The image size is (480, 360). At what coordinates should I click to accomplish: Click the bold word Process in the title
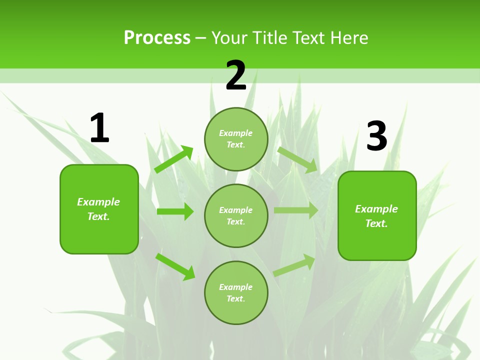[x=157, y=37]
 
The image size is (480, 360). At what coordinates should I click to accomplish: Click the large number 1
[x=99, y=128]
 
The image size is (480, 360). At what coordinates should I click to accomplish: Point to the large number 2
[x=236, y=75]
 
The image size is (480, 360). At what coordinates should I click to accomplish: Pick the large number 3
[x=376, y=136]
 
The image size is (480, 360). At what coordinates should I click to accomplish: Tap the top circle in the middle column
[x=236, y=139]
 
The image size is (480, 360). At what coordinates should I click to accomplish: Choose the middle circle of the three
[x=236, y=215]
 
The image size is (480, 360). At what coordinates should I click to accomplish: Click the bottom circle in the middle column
[x=236, y=292]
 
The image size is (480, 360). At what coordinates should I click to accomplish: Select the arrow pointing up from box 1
[x=173, y=159]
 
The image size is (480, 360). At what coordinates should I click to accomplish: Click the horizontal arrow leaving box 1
[x=175, y=211]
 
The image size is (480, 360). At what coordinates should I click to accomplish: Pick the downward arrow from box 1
[x=175, y=266]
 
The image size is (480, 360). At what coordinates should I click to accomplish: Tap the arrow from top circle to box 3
[x=297, y=159]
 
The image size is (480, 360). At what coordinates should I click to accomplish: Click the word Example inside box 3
[x=376, y=209]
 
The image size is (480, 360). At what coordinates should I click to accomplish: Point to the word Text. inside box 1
[x=98, y=216]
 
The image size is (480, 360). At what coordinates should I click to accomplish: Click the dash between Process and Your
[x=201, y=38]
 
